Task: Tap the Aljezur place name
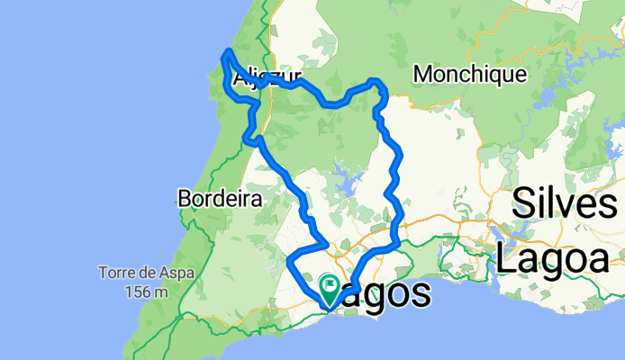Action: click(265, 79)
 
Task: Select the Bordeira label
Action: click(220, 197)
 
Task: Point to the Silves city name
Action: click(569, 205)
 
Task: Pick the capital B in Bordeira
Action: click(186, 197)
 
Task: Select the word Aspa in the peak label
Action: click(170, 272)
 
